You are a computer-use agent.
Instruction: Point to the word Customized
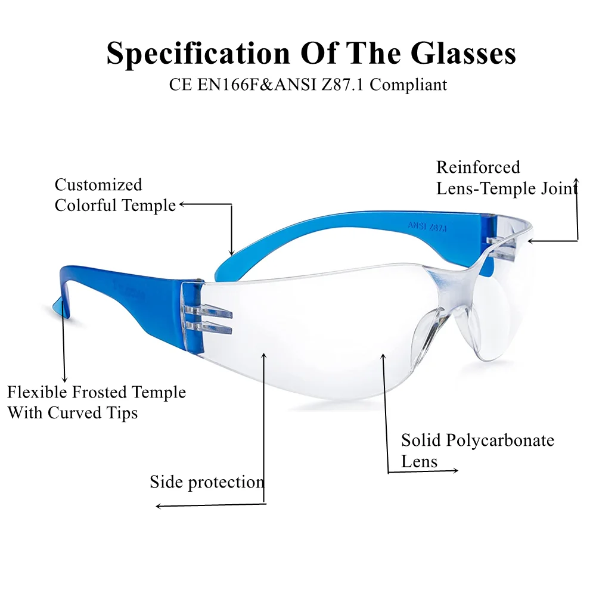tap(98, 185)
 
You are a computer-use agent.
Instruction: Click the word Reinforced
tap(478, 167)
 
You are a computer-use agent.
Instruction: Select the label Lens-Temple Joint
tap(507, 189)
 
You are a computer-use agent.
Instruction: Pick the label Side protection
tap(206, 482)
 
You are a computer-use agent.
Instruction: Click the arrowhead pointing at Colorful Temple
tap(182, 204)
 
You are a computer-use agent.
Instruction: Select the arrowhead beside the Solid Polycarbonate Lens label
tap(455, 471)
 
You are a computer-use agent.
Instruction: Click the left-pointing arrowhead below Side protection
tap(159, 507)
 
